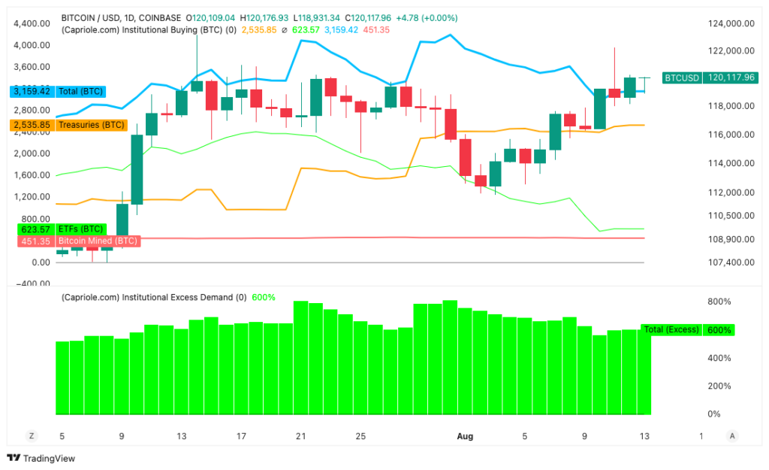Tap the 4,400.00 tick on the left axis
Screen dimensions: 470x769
[32, 24]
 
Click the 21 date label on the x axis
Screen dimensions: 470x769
[301, 436]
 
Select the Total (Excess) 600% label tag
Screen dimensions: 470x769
[686, 330]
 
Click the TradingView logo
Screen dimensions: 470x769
[41, 458]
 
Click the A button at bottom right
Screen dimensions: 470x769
[732, 436]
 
